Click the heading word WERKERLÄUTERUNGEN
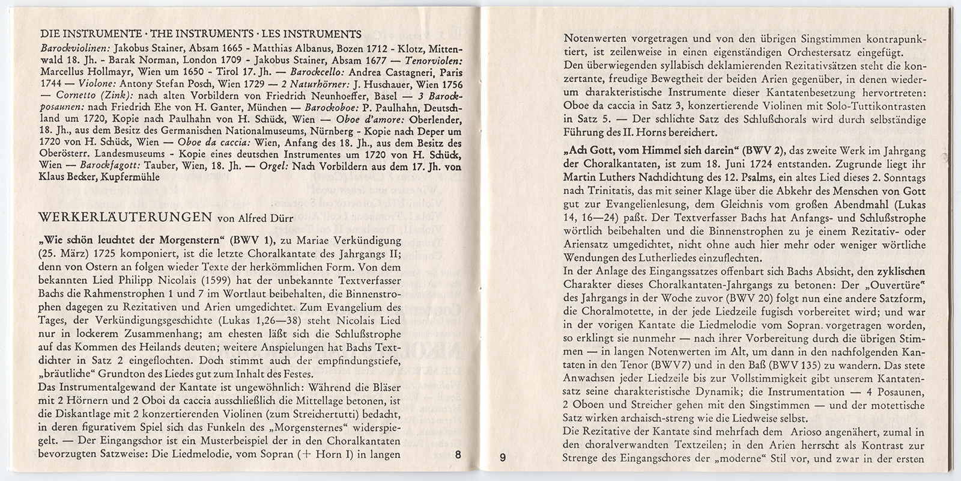[124, 216]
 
